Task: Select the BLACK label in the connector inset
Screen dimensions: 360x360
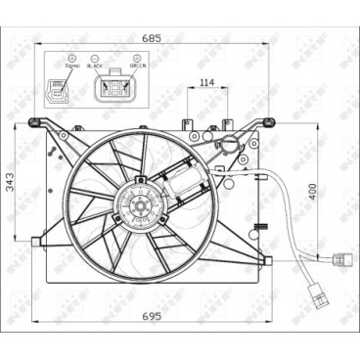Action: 95,66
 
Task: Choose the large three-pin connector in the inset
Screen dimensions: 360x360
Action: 114,88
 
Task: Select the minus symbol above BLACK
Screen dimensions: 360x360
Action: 95,58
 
